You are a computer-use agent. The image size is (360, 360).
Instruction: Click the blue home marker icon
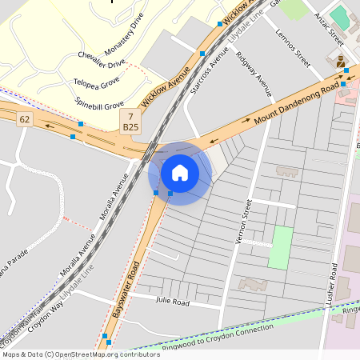[180, 172]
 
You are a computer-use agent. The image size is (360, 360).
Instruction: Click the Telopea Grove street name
[98, 82]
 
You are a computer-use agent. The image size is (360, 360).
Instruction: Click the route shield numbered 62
[25, 119]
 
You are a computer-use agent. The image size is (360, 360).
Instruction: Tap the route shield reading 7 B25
[130, 121]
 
